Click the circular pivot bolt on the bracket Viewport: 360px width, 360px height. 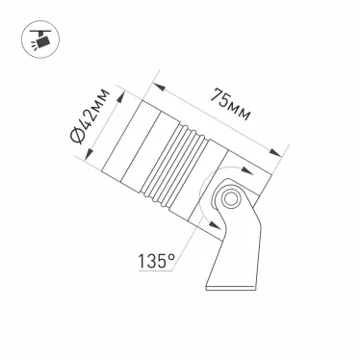point(229,198)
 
